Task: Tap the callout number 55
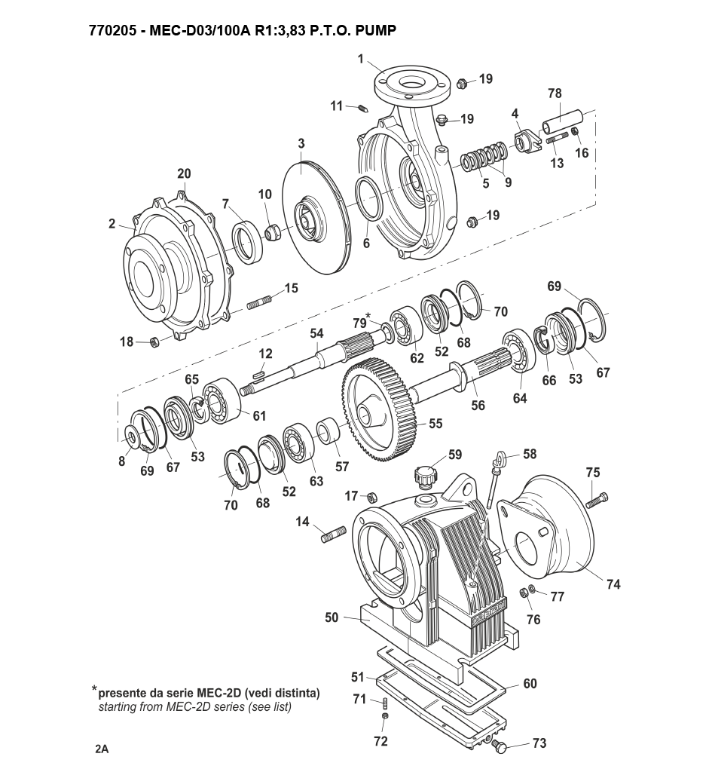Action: coord(435,424)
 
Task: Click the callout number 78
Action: coord(555,93)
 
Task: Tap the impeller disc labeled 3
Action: coord(316,215)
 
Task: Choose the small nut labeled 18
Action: coord(154,341)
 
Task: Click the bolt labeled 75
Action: coord(597,501)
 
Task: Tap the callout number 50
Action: coord(332,617)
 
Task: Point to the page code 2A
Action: coord(102,749)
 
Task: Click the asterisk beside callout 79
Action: coord(368,315)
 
